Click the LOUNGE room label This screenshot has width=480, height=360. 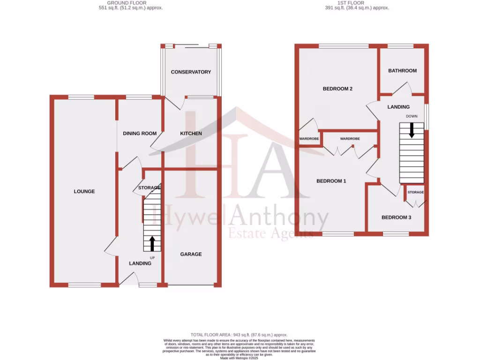[x=84, y=191]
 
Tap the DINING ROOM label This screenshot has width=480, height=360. [x=140, y=134]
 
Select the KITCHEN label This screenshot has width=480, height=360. [x=191, y=134]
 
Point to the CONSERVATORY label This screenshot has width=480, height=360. [x=191, y=72]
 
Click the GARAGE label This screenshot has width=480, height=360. [x=191, y=254]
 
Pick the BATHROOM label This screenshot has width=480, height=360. [x=402, y=71]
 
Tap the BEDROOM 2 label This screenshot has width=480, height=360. [x=337, y=89]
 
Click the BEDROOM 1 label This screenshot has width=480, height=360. [x=331, y=181]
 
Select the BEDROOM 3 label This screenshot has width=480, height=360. [x=396, y=217]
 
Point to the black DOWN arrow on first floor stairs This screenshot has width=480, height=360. [x=412, y=130]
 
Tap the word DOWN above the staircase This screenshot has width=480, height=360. [x=412, y=116]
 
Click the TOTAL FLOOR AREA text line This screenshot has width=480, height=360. [x=239, y=335]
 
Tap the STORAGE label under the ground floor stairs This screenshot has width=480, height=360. [x=150, y=188]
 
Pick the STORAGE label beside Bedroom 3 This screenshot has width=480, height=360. [x=415, y=193]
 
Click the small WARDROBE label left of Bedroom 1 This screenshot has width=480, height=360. [x=309, y=139]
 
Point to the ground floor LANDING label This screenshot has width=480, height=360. [x=140, y=263]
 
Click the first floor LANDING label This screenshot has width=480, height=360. [x=398, y=107]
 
